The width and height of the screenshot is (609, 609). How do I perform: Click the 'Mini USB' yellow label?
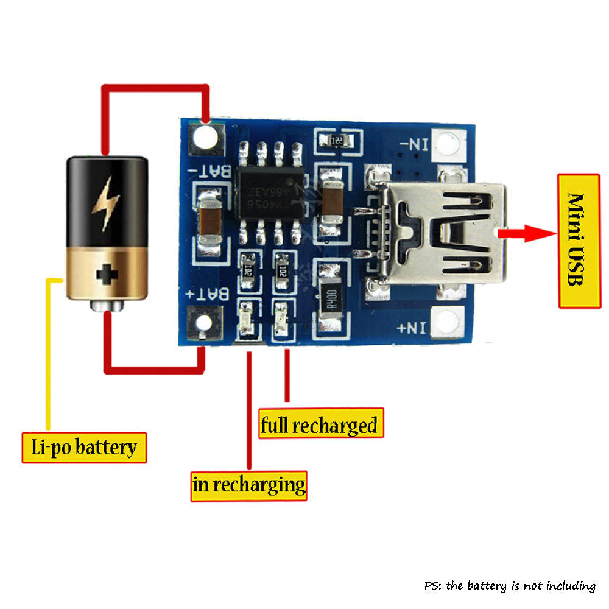pyautogui.click(x=579, y=240)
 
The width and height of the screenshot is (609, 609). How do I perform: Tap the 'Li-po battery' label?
pyautogui.click(x=84, y=448)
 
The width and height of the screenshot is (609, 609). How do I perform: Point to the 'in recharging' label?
pyautogui.click(x=248, y=485)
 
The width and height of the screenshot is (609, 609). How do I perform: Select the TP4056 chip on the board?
pyautogui.click(x=270, y=189)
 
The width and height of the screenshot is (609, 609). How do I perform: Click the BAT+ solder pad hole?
pyautogui.click(x=205, y=323)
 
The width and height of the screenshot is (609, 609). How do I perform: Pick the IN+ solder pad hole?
pyautogui.click(x=448, y=321)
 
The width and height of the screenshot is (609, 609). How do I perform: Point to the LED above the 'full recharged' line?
pyautogui.click(x=281, y=320)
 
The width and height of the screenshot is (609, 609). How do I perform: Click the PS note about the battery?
pyautogui.click(x=510, y=586)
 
